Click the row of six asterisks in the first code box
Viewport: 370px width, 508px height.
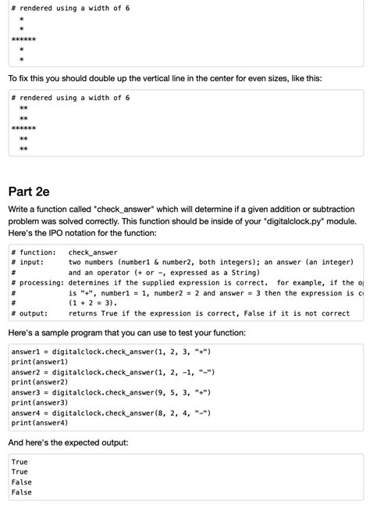[x=23, y=38]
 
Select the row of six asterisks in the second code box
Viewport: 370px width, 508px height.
[x=23, y=127]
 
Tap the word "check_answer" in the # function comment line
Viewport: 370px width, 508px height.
[x=93, y=252]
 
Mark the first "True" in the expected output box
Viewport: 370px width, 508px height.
[x=20, y=463]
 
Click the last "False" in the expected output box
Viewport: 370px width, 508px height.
[x=22, y=493]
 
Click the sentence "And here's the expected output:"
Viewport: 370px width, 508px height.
[x=67, y=442]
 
